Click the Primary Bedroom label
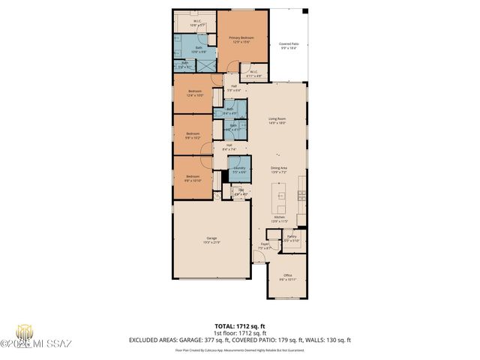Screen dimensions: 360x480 241,39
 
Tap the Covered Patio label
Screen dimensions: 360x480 288,46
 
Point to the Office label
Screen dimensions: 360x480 288,277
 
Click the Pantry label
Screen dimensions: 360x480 292,238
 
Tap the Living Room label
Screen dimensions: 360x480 278,121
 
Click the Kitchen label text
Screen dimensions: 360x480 278,219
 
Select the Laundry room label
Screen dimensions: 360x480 238,169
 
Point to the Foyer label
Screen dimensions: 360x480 265,246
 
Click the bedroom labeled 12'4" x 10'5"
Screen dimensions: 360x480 194,94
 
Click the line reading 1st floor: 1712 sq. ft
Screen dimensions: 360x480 239,332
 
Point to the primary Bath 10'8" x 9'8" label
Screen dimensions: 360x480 199,49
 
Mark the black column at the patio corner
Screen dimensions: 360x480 304,10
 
